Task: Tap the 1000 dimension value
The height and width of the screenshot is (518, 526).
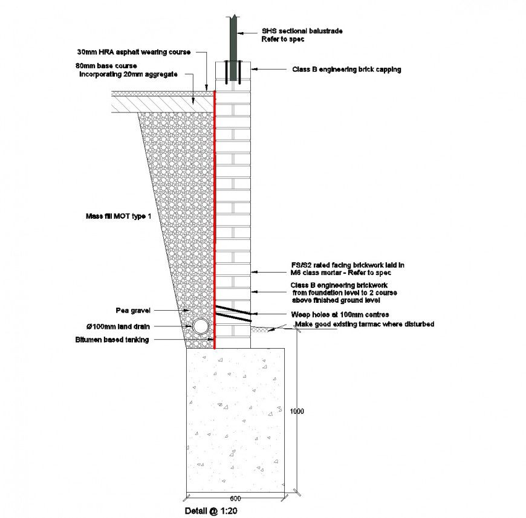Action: [296, 412]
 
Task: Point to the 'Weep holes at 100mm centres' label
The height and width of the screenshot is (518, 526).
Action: [340, 314]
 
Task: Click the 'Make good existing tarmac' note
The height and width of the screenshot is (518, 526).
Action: [365, 325]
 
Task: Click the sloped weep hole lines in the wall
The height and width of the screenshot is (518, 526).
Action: [232, 313]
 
